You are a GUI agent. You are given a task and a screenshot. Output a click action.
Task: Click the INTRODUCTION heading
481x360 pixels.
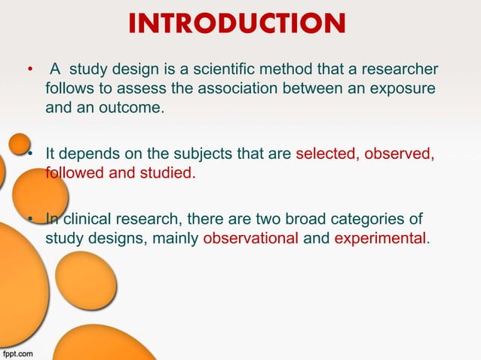coord(237,24)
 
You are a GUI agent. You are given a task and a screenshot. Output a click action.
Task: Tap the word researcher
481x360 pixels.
coord(398,72)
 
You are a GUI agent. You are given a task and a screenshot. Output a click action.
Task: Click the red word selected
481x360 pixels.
coord(328,156)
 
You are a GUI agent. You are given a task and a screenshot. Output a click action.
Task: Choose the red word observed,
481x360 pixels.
coord(400,156)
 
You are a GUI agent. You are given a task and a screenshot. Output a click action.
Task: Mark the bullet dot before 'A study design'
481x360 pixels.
coord(29,72)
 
